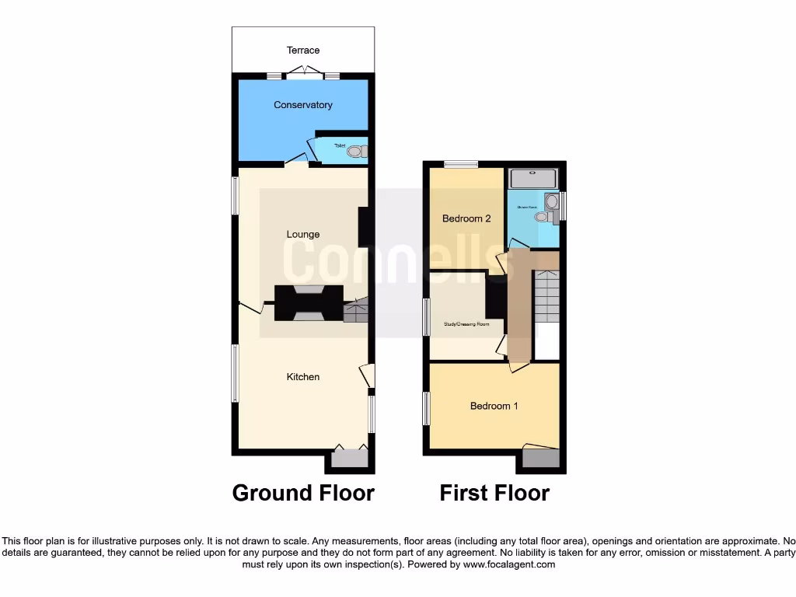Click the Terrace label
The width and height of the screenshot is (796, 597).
pyautogui.click(x=303, y=51)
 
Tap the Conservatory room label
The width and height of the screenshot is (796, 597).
pyautogui.click(x=303, y=105)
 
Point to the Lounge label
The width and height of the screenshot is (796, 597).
pyautogui.click(x=303, y=234)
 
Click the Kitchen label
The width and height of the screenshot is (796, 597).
pyautogui.click(x=303, y=377)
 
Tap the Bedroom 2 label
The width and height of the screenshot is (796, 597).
pyautogui.click(x=466, y=219)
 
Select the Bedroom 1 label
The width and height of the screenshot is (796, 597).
pyautogui.click(x=494, y=406)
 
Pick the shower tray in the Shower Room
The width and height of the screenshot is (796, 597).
pyautogui.click(x=532, y=180)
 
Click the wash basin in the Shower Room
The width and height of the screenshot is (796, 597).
pyautogui.click(x=552, y=202)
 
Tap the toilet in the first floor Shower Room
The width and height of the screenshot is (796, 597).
pyautogui.click(x=542, y=217)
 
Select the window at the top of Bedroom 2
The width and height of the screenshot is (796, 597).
pyautogui.click(x=461, y=164)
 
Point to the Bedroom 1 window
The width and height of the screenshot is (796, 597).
pyautogui.click(x=426, y=409)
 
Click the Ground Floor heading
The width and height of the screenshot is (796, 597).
pyautogui.click(x=303, y=493)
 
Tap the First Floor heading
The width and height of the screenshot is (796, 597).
pyautogui.click(x=494, y=493)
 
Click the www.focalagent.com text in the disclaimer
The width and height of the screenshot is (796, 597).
pyautogui.click(x=508, y=564)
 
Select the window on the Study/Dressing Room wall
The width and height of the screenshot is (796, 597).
pyautogui.click(x=426, y=317)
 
